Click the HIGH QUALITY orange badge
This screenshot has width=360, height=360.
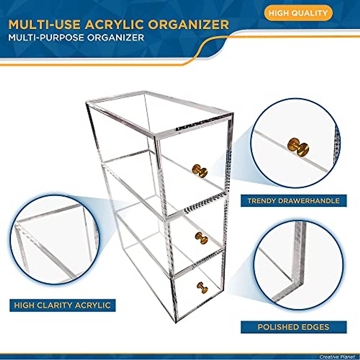pyautogui.click(x=298, y=13)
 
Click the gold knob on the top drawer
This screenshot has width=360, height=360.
pyautogui.click(x=200, y=171)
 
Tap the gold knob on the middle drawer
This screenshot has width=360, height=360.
pyautogui.click(x=202, y=238)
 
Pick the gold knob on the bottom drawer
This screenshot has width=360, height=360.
pyautogui.click(x=202, y=287)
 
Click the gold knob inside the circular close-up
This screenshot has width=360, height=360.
pyautogui.click(x=298, y=147)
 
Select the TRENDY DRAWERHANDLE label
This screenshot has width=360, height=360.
pyautogui.click(x=293, y=201)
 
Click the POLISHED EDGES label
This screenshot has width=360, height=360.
pyautogui.click(x=293, y=327)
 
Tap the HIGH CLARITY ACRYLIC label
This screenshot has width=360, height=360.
pyautogui.click(x=62, y=305)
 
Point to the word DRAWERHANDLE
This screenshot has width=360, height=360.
pyautogui.click(x=309, y=201)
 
